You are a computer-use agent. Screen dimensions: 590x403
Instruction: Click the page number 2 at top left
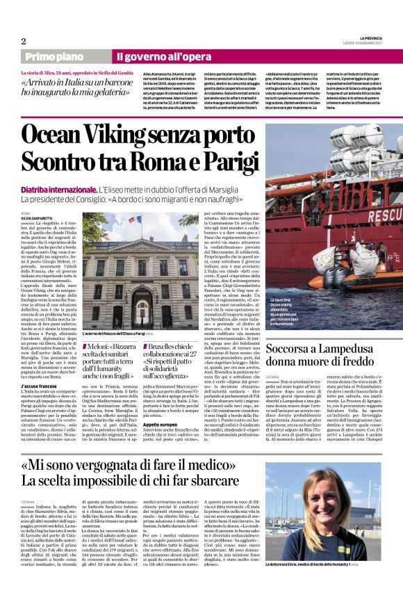coord(24,40)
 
